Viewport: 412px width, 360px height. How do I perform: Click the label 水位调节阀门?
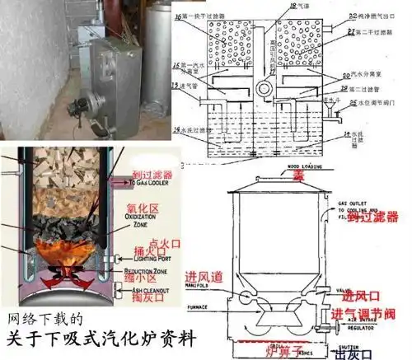(x=382, y=103)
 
